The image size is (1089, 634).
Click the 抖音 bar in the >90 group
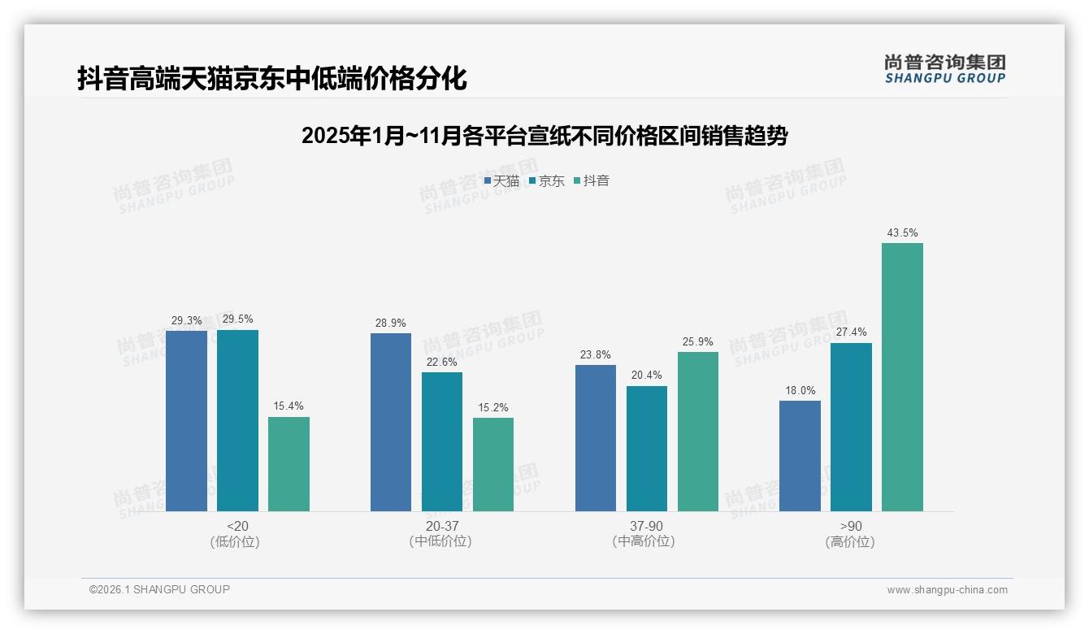[902, 377]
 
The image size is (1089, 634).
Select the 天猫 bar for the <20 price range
[186, 421]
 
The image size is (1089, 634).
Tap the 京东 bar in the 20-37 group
[441, 441]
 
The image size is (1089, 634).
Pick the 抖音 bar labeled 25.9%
[698, 432]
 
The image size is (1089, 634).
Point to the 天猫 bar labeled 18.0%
[800, 456]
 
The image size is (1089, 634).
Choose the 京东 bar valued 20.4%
[647, 449]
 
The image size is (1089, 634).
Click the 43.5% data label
[902, 233]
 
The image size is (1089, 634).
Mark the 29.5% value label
[237, 319]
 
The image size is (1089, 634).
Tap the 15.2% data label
[493, 408]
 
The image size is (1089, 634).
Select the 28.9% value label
[391, 324]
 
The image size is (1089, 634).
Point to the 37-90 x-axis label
[646, 527]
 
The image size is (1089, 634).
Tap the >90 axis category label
[851, 527]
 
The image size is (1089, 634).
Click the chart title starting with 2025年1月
[544, 136]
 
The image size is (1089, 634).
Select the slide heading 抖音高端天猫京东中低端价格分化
[272, 79]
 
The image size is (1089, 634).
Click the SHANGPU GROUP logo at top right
[944, 69]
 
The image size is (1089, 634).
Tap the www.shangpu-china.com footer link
[947, 590]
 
